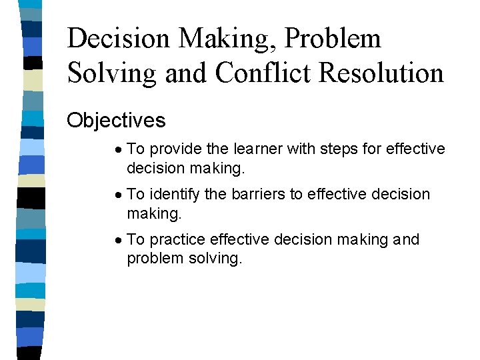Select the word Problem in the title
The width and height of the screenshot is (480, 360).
333,39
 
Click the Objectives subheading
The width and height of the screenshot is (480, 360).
116,121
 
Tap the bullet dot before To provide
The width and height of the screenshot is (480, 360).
117,149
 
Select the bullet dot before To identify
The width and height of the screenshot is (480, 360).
117,195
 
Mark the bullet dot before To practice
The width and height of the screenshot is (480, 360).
117,240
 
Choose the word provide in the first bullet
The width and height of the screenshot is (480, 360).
175,149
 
